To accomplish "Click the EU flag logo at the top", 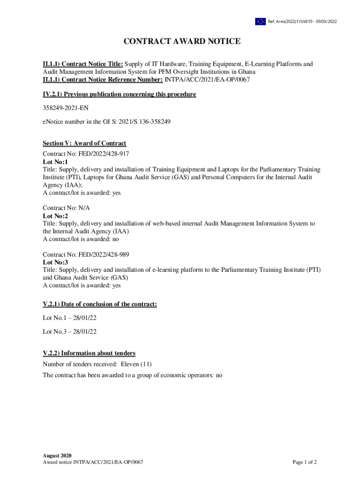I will tap(260, 21).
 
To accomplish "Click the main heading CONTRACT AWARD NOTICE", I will tap(182, 42).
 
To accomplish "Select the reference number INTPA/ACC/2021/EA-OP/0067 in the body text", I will tap(207, 79).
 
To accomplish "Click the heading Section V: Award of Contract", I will tap(84, 143).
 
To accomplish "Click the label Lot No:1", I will tap(55, 162).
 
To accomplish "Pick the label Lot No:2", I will tap(55, 216).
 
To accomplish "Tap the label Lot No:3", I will tap(55, 262).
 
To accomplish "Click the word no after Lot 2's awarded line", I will tap(116, 239).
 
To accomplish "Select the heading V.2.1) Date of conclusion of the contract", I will tap(100, 304).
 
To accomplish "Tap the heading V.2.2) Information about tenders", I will tap(89, 353).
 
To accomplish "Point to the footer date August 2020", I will tap(57, 455).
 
